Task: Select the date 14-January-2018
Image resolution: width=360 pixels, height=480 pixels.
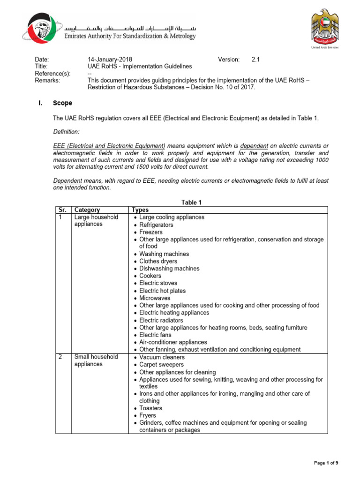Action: click(x=110, y=60)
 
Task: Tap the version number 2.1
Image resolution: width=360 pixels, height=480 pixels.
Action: click(x=255, y=60)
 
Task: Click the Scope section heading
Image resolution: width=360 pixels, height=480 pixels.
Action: click(x=62, y=103)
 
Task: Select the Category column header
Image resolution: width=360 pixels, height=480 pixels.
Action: click(x=87, y=210)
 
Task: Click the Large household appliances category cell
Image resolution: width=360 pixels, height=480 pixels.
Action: click(x=96, y=221)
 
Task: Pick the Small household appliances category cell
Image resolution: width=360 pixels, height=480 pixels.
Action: click(x=96, y=360)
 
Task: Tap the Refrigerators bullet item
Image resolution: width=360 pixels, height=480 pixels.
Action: click(x=156, y=225)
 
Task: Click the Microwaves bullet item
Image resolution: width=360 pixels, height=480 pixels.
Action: click(x=155, y=298)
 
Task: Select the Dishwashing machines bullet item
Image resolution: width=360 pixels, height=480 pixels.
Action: click(x=169, y=269)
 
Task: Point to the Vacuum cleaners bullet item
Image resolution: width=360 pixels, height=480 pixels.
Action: click(x=161, y=357)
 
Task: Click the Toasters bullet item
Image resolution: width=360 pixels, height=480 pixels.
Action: click(x=151, y=408)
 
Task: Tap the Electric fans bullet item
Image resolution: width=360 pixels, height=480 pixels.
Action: click(x=155, y=335)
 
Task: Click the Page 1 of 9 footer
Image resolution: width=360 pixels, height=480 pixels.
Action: click(x=326, y=463)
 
